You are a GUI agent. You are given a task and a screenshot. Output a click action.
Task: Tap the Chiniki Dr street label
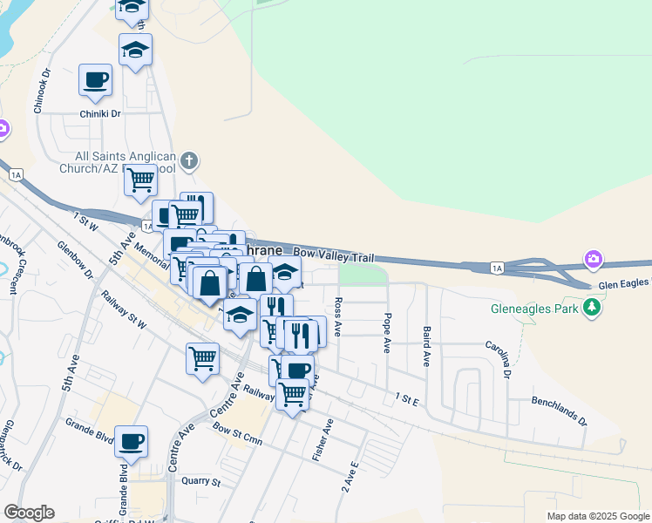pyautogui.click(x=99, y=113)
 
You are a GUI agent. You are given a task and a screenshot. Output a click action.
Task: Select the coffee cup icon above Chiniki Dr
pyautogui.click(x=95, y=80)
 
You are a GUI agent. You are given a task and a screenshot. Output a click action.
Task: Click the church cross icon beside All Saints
pyautogui.click(x=189, y=161)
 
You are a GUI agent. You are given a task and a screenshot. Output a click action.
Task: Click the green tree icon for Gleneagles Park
pyautogui.click(x=593, y=307)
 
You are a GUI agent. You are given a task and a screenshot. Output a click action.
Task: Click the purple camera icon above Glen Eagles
pyautogui.click(x=594, y=259)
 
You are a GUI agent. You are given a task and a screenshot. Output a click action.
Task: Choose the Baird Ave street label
pyautogui.click(x=426, y=346)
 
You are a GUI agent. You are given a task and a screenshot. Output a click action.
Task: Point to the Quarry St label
pyautogui.click(x=200, y=481)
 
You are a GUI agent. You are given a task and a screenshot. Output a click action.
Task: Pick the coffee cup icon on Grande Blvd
pyautogui.click(x=131, y=441)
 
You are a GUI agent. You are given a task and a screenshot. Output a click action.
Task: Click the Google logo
pyautogui.click(x=29, y=513)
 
